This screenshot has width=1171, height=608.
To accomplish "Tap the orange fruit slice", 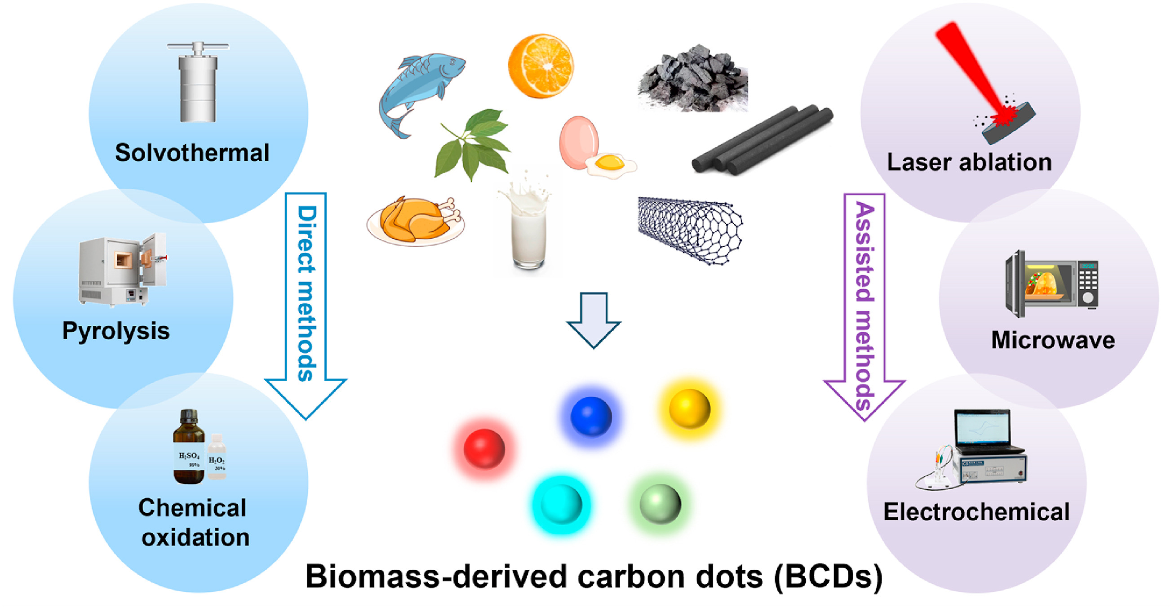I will coord(541,66).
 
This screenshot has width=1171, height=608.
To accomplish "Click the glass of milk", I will coord(528,232).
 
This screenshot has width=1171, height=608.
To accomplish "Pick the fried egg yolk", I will coord(609,162).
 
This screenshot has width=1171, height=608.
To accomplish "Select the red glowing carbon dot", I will coord(484,448).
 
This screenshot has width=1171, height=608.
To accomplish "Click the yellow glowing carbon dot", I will coord(689,408).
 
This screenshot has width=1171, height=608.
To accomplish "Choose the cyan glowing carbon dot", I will coord(561,504).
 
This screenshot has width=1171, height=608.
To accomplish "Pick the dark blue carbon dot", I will coord(591,416).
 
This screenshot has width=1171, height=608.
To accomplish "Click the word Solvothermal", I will coord(192,153).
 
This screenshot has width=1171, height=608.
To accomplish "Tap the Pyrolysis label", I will coord(116,331).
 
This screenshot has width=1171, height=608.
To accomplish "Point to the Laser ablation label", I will coord(969,162).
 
